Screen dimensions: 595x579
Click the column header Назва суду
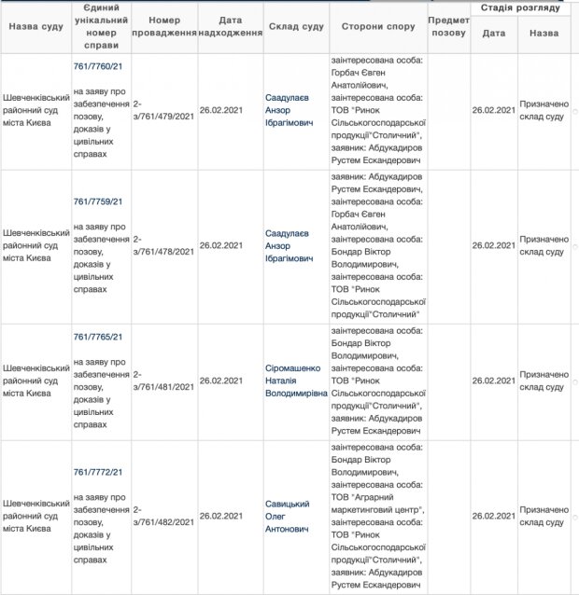point(35,26)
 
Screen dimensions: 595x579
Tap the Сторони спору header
point(377,26)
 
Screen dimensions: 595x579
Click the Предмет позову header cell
point(447,26)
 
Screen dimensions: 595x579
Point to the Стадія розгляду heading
point(521,7)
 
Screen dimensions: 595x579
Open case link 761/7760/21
point(98,67)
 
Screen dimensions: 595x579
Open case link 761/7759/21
point(98,201)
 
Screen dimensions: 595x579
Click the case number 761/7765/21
point(98,337)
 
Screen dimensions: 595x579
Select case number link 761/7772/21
point(98,472)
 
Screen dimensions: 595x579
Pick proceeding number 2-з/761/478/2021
point(163,246)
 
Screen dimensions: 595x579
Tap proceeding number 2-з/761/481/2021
point(163,381)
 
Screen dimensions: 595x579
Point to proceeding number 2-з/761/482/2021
point(163,516)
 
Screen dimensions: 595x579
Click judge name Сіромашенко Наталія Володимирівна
point(297,381)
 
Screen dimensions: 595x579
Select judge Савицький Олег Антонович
point(289,516)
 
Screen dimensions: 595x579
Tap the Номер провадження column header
point(164,26)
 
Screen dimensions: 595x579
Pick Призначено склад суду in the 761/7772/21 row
point(543,516)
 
